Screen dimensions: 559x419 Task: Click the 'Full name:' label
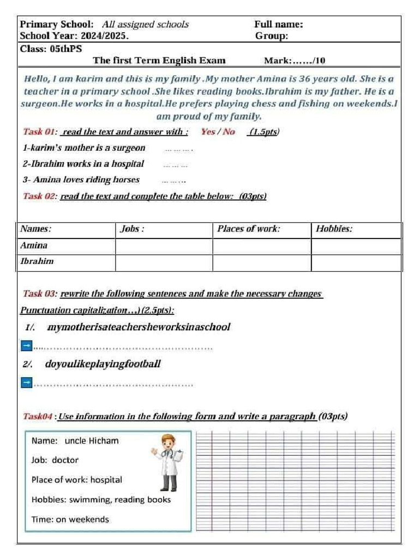(x=278, y=25)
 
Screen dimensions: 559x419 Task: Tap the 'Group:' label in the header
(x=271, y=37)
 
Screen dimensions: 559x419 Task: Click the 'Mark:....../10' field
(x=295, y=61)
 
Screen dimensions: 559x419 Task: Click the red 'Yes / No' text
(x=218, y=132)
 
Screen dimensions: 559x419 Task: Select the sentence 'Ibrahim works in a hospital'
(x=83, y=164)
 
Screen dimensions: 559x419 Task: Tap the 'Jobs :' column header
(x=132, y=229)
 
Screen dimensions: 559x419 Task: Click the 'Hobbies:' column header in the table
(x=334, y=229)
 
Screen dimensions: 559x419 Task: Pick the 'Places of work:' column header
(x=248, y=229)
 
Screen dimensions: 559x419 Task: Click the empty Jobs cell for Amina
(x=164, y=246)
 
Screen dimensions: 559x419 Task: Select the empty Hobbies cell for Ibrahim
(x=356, y=263)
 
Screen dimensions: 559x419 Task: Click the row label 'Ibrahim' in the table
(x=37, y=261)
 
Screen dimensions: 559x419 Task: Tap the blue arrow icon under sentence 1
(x=26, y=346)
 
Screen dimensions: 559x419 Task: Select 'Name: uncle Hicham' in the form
(x=75, y=441)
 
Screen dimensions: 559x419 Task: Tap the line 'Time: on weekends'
(x=70, y=520)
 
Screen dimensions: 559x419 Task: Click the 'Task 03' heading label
(x=40, y=294)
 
